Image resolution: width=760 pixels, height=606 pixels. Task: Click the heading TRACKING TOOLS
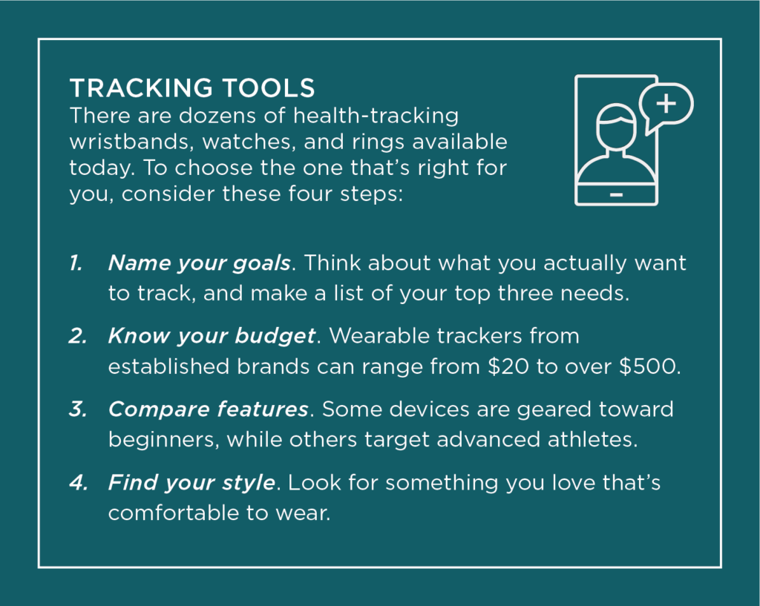(x=192, y=88)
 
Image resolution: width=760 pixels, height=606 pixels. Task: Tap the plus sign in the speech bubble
(x=666, y=103)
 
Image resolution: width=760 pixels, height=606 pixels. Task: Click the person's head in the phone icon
(x=615, y=128)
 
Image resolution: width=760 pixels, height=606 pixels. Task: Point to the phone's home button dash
(x=616, y=195)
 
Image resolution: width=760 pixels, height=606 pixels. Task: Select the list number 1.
(x=76, y=263)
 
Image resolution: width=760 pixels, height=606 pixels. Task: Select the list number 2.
(x=78, y=336)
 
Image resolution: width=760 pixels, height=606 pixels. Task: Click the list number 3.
(x=78, y=409)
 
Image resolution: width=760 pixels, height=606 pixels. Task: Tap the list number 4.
(x=79, y=482)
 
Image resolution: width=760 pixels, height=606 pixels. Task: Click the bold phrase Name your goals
(x=199, y=264)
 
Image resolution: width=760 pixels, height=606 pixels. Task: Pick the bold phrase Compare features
(x=209, y=410)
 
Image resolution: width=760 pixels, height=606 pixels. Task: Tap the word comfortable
(x=173, y=513)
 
